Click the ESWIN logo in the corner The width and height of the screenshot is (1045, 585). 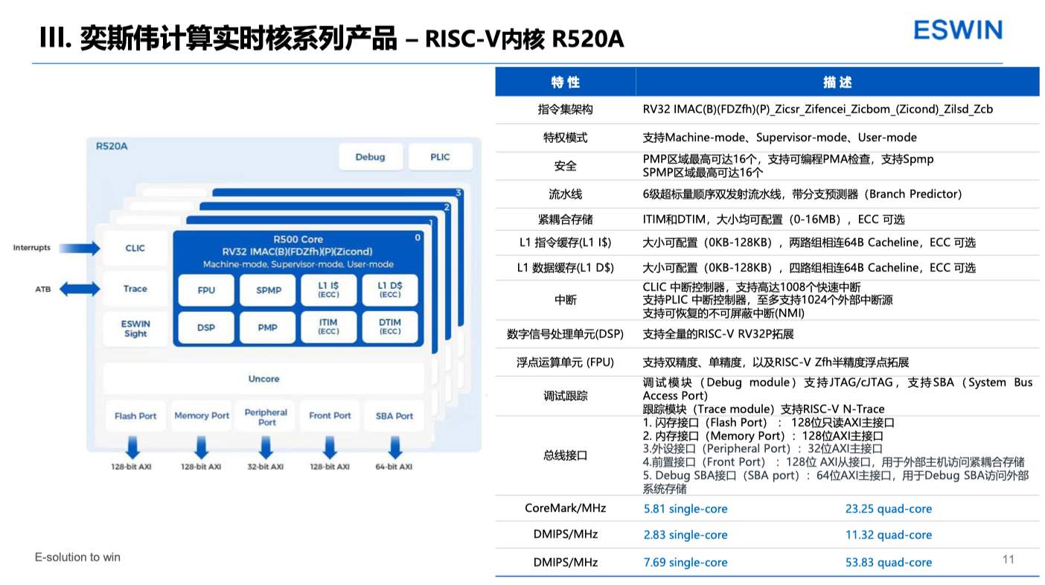coord(958,30)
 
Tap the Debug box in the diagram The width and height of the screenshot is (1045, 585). coord(371,157)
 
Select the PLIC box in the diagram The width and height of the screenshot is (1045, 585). coord(440,157)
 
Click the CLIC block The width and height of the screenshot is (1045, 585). coord(135,248)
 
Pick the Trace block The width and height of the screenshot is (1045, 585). coord(135,289)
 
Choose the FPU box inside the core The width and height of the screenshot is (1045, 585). coord(206,290)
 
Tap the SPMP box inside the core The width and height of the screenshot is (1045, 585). coord(268,290)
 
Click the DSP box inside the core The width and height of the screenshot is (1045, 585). coord(206,327)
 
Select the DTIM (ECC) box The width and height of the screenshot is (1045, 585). coord(389,327)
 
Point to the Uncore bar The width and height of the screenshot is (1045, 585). coord(263,379)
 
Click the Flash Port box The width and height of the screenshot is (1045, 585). coord(135,415)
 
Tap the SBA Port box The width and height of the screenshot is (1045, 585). coord(394,415)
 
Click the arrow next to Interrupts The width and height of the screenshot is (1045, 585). coord(80,248)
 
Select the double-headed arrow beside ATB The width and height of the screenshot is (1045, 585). coord(80,289)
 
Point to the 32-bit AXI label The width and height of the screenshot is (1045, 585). coord(266,467)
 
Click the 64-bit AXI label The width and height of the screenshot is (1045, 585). coord(394,467)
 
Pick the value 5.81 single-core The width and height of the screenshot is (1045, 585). coord(686,508)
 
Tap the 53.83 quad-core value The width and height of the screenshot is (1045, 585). coord(889,562)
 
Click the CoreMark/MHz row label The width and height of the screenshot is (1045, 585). coord(566,508)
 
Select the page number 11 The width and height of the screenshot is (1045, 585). coord(1008,560)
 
